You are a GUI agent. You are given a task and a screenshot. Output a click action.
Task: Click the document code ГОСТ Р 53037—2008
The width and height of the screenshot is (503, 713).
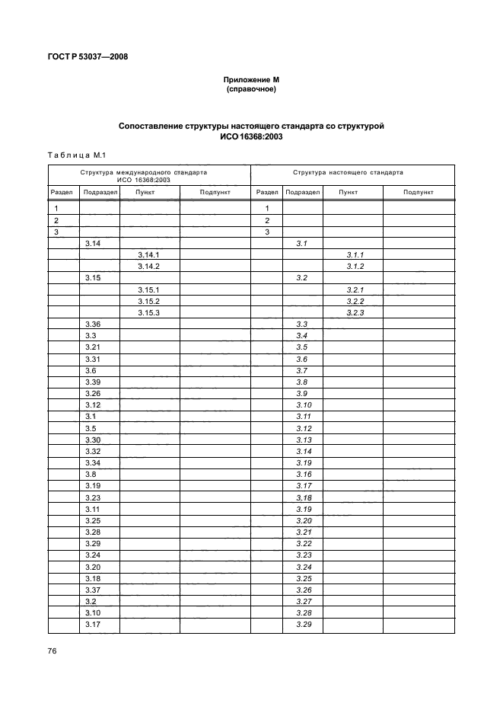[x=84, y=56]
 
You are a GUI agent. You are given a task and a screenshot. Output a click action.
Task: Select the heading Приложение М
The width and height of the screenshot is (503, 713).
[x=250, y=80]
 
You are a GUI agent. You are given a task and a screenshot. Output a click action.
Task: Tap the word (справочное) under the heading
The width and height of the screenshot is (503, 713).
[x=250, y=89]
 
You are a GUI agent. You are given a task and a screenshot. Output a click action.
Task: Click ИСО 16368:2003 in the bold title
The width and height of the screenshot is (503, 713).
[x=250, y=136]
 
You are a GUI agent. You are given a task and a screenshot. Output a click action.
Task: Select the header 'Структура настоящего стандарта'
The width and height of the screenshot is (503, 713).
[x=352, y=173]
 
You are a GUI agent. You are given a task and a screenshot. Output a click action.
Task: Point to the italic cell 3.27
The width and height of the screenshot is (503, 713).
[x=304, y=601]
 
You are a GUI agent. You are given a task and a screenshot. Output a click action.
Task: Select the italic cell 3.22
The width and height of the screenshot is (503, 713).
[x=304, y=543]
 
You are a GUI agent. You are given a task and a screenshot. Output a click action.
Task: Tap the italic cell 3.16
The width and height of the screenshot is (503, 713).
[x=304, y=475]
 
